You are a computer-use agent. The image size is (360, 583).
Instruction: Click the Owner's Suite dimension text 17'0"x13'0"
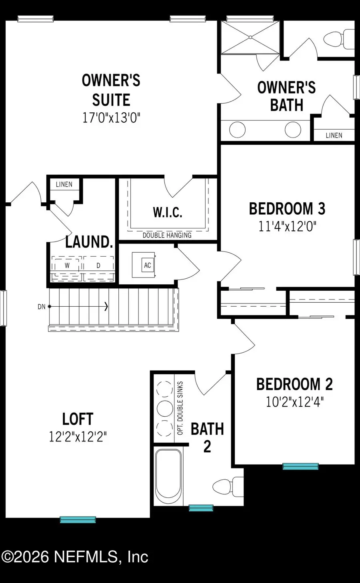111,118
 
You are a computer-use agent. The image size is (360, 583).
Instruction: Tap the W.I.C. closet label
168,212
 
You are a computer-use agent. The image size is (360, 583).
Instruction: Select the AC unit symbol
148,265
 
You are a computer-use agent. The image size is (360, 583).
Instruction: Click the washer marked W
67,266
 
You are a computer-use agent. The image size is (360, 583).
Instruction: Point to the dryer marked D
98,266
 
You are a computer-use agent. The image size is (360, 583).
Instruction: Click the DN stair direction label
41,307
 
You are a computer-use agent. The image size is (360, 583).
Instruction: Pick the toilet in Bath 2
227,487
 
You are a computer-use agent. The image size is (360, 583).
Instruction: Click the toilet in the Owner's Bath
338,40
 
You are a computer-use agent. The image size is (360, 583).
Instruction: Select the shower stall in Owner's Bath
251,37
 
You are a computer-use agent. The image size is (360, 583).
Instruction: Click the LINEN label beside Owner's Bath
334,136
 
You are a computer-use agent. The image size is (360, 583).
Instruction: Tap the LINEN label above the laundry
64,184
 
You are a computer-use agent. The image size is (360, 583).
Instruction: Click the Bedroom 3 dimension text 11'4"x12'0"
287,227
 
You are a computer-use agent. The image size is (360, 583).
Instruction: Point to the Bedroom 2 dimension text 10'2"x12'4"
294,402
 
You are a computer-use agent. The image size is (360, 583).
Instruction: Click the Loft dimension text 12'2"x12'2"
78,437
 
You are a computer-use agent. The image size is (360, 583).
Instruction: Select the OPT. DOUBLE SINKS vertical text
180,408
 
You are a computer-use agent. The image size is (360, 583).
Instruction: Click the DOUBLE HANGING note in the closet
167,235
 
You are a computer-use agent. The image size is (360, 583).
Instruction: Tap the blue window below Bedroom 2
300,466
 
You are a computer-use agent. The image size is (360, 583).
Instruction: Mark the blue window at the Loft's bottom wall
78,520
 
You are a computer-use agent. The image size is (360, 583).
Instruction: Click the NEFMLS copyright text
75,557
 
